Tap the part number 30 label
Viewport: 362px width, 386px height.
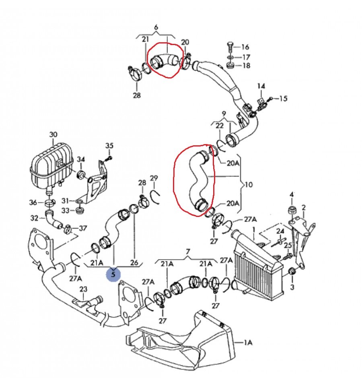click(x=53, y=135)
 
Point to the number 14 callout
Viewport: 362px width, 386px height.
click(x=261, y=86)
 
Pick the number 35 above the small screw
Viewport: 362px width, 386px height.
click(x=109, y=146)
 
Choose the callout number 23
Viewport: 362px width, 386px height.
click(x=83, y=289)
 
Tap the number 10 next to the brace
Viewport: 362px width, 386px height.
click(x=249, y=185)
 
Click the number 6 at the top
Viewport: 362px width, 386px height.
click(x=156, y=27)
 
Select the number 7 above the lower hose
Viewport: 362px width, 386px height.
click(x=188, y=252)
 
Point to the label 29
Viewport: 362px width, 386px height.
click(x=154, y=178)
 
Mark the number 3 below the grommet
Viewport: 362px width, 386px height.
click(x=292, y=287)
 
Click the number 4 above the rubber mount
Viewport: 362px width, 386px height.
click(x=292, y=195)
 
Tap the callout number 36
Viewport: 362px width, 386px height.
click(x=33, y=202)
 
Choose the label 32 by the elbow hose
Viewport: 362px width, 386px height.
click(x=35, y=218)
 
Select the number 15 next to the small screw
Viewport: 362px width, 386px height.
click(x=283, y=99)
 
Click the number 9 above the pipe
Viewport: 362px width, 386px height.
click(x=224, y=114)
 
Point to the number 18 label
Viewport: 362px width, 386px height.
click(x=246, y=66)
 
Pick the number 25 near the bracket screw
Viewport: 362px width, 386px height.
click(x=288, y=246)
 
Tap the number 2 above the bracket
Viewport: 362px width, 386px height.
click(x=304, y=208)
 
